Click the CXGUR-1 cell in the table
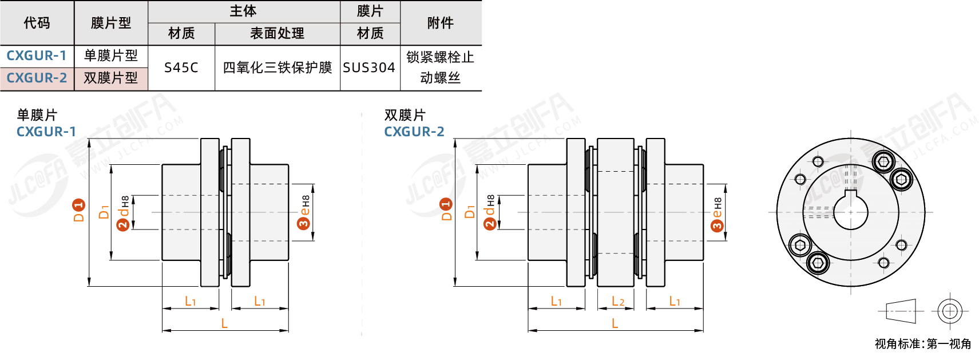pos(37,56)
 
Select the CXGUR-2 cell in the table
pos(37,78)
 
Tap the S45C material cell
pos(181,68)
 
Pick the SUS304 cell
pos(369,68)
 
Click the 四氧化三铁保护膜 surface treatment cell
pos(277,68)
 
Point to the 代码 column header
pos(37,23)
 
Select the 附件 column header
pos(440,23)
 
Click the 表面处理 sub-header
pos(277,34)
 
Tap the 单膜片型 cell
pos(110,56)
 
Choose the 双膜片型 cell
pos(110,78)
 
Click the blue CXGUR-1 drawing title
pos(46,132)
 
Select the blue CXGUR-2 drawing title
pos(414,132)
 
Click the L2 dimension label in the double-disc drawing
pos(617,301)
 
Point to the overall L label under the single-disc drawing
pos(224,324)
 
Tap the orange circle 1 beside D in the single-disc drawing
pos(79,205)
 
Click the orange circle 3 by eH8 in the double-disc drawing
pos(717,226)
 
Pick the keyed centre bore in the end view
pos(850,212)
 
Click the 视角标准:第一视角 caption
pos(922,344)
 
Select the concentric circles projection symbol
pos(949,311)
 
